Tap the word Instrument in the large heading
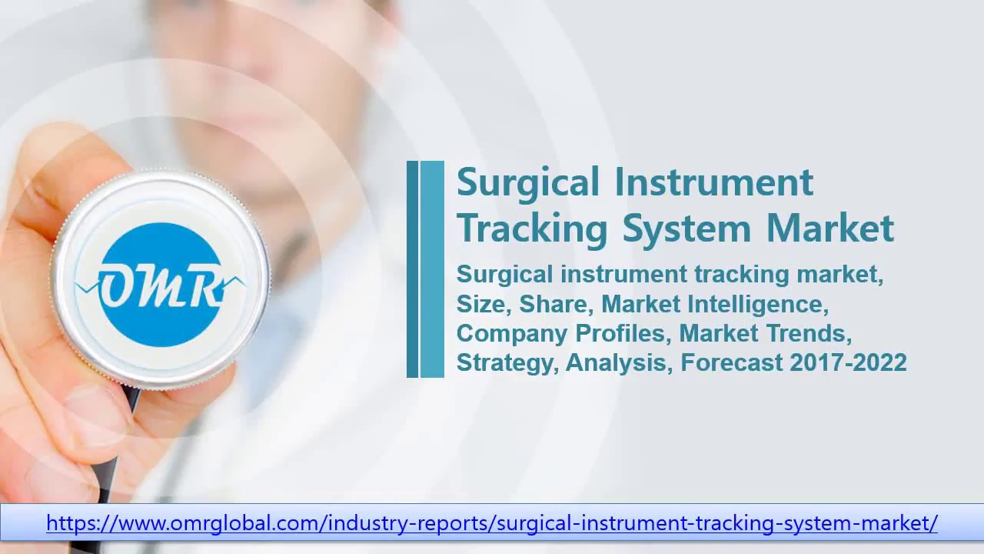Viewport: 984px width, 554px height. click(713, 182)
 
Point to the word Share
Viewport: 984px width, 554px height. click(555, 304)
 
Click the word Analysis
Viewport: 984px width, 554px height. click(619, 362)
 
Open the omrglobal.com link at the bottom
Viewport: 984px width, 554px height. click(492, 523)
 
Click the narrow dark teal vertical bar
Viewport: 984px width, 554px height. click(412, 269)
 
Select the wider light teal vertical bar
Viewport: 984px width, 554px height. click(432, 269)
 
